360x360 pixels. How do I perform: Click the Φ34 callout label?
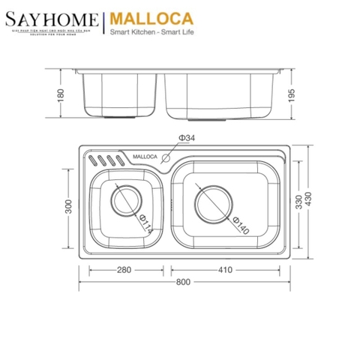187,137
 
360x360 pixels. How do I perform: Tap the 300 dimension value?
68,207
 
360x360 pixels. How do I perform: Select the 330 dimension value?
301,201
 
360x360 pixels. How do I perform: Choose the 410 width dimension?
226,270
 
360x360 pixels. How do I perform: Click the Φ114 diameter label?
144,225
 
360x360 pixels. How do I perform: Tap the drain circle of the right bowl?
214,202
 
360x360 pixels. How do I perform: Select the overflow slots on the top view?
105,160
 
